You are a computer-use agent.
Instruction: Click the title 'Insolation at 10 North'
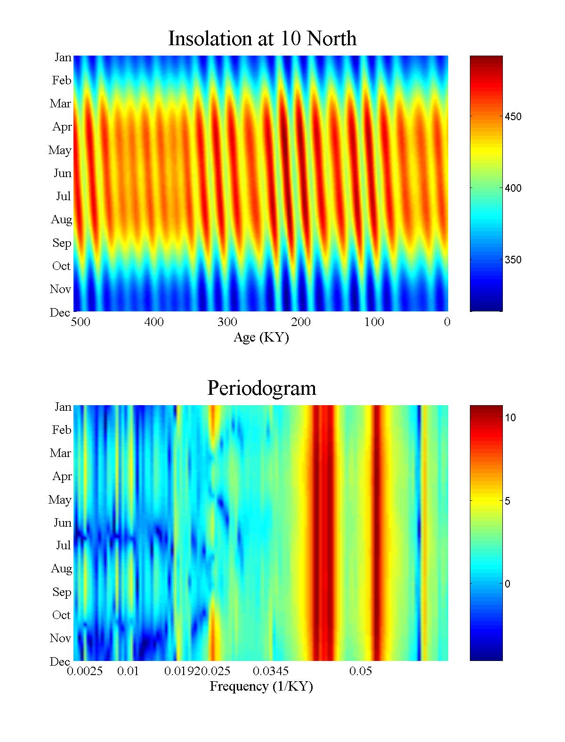click(x=262, y=39)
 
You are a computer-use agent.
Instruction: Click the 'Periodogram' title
click(x=262, y=388)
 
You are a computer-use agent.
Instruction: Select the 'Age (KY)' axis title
click(x=261, y=337)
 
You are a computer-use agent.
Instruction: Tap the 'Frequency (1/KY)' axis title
click(x=261, y=686)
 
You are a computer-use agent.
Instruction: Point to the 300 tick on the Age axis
click(x=227, y=322)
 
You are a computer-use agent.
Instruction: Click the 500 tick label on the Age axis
click(x=81, y=322)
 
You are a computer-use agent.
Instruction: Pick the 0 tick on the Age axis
click(x=447, y=322)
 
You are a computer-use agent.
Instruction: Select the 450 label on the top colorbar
click(x=513, y=117)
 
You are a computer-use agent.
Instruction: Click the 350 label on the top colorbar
click(x=513, y=260)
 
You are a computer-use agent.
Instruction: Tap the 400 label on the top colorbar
click(x=513, y=188)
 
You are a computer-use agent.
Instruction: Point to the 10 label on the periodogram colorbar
click(x=510, y=418)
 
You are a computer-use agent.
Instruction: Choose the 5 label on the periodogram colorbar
click(x=508, y=501)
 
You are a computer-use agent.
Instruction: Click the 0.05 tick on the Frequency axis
click(x=361, y=671)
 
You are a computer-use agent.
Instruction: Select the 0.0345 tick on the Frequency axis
click(x=271, y=671)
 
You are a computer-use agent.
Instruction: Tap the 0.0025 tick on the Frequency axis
click(x=85, y=671)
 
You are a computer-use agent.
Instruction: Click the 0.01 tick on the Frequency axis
click(x=128, y=671)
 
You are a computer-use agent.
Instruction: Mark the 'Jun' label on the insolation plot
click(x=62, y=173)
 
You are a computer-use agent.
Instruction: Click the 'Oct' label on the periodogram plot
click(x=61, y=615)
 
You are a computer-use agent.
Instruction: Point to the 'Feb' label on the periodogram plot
click(x=62, y=430)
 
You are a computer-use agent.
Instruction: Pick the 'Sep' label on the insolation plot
click(x=62, y=243)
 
